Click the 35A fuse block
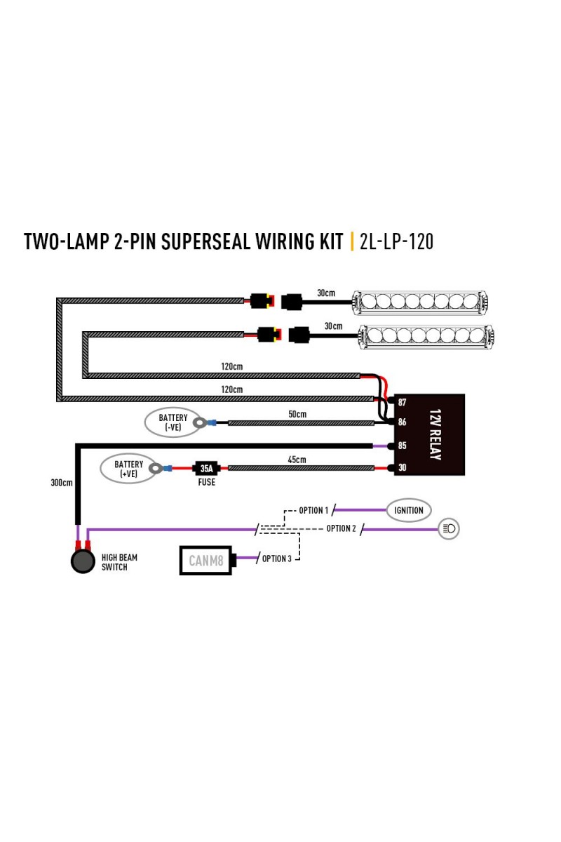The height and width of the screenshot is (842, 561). click(206, 469)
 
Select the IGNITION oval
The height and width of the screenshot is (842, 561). click(409, 510)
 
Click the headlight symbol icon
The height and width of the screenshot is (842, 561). click(449, 528)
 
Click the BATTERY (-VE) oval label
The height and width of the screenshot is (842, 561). click(173, 422)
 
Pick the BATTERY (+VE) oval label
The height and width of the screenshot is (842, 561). click(128, 469)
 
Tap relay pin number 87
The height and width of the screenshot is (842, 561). click(402, 402)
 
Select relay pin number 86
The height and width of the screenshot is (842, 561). click(402, 422)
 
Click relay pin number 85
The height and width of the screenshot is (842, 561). click(402, 446)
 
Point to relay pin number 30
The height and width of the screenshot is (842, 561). click(402, 467)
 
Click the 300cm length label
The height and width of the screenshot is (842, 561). click(62, 483)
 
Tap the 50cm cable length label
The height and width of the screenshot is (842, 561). click(297, 414)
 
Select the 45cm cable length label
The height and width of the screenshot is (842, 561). click(297, 460)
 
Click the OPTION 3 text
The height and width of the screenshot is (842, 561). click(276, 559)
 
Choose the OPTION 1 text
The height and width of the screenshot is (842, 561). click(313, 511)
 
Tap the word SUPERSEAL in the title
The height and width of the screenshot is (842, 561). click(205, 241)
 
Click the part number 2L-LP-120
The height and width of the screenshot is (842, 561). click(396, 241)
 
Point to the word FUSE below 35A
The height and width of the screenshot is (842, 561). click(207, 482)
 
